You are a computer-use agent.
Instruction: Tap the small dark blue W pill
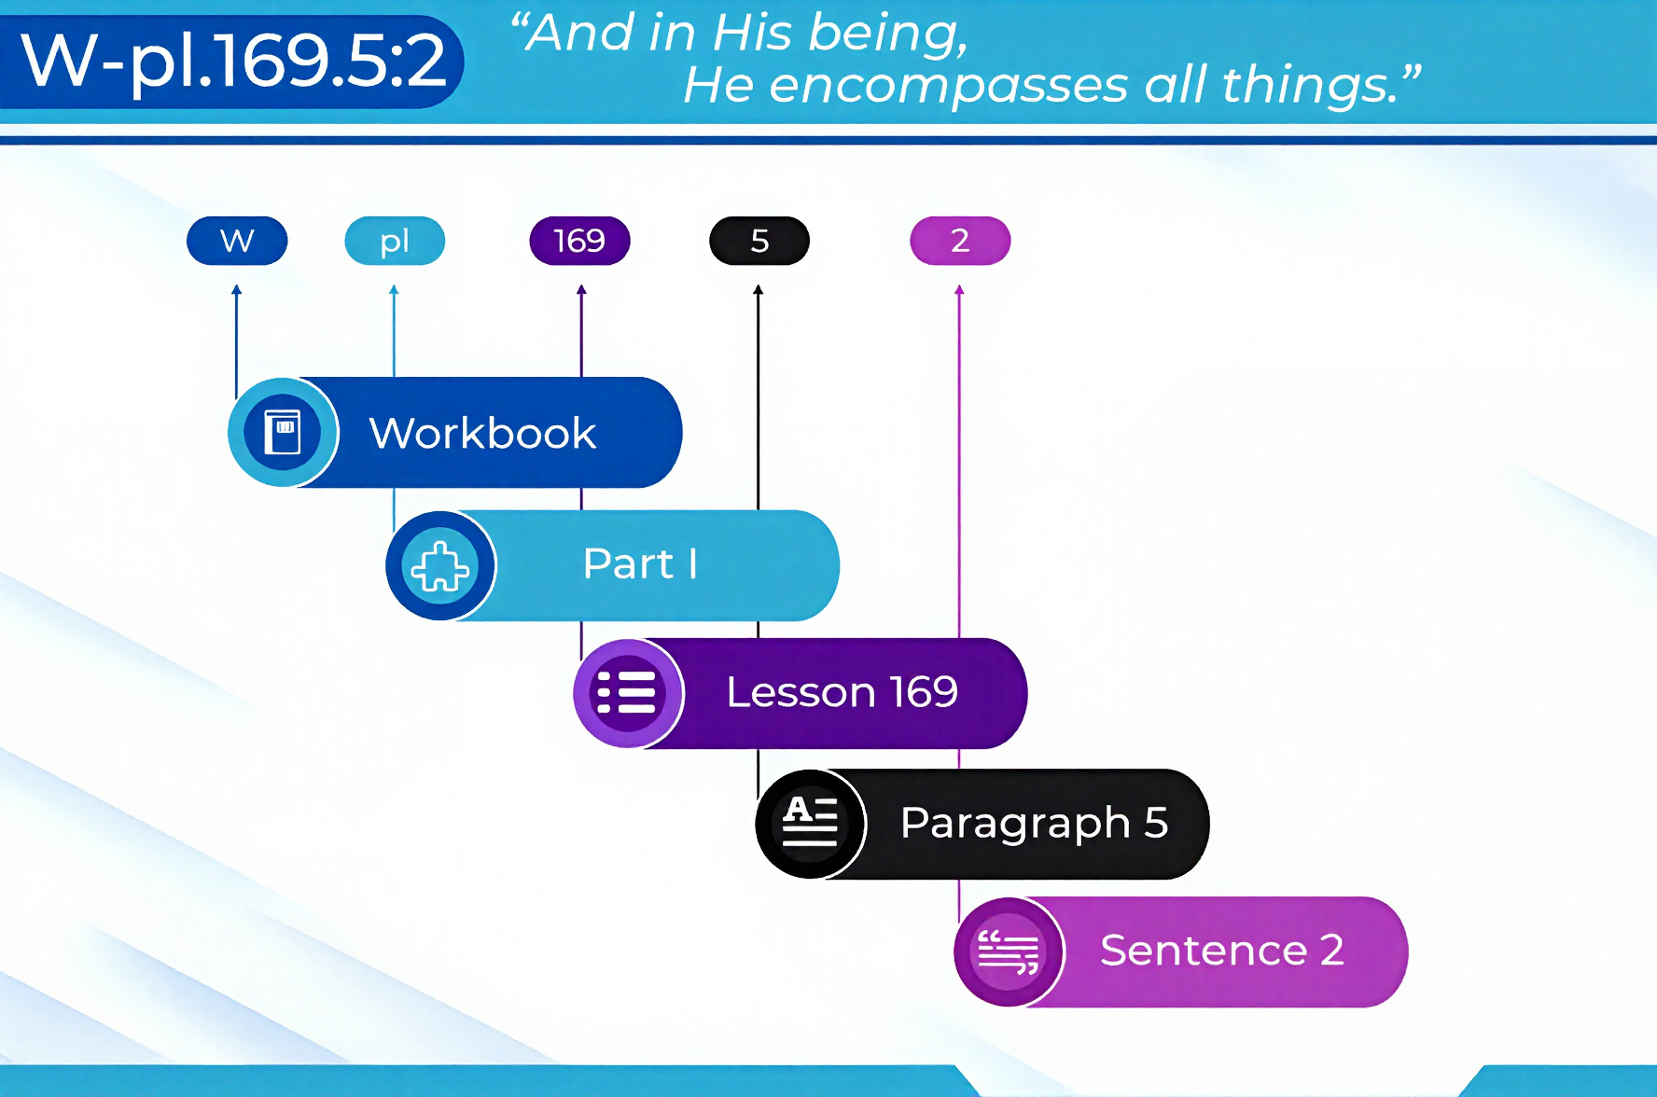(x=237, y=241)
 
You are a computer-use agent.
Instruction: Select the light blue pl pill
(x=395, y=241)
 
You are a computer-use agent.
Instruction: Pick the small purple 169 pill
(x=579, y=241)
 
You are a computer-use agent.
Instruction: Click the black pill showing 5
(x=759, y=241)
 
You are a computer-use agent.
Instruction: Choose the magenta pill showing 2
(x=960, y=241)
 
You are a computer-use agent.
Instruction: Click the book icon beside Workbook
(x=283, y=432)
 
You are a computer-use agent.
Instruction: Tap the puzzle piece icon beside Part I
(x=440, y=565)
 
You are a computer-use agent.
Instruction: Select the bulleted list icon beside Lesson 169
(x=627, y=693)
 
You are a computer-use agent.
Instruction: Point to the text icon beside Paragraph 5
(x=810, y=822)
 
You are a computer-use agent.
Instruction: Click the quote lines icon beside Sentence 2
(x=1009, y=952)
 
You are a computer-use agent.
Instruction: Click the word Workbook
(x=482, y=433)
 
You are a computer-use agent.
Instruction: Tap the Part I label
(x=640, y=563)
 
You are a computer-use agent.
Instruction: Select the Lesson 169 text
(x=842, y=692)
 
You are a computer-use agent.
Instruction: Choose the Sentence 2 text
(x=1222, y=951)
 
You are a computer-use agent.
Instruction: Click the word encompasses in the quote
(x=948, y=86)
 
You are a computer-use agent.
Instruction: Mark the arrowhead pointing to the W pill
(x=237, y=290)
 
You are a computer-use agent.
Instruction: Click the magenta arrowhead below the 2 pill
(x=959, y=290)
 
